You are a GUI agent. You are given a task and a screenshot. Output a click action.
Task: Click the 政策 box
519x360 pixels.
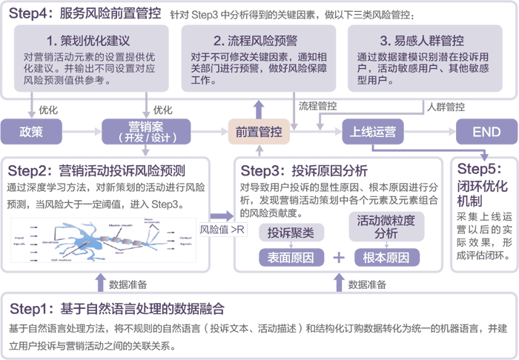[x=32, y=133]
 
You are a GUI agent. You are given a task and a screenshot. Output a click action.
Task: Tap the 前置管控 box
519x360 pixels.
[x=259, y=133]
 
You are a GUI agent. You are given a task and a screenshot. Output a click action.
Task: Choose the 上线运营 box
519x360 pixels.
[x=374, y=133]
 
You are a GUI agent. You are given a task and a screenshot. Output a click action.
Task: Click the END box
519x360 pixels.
[x=487, y=133]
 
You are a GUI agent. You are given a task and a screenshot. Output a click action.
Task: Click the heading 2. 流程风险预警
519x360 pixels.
[x=257, y=41]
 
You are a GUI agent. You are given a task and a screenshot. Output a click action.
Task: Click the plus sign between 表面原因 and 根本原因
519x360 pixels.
[x=340, y=258]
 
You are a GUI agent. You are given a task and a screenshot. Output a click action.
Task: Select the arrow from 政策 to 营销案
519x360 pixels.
[x=82, y=133]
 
